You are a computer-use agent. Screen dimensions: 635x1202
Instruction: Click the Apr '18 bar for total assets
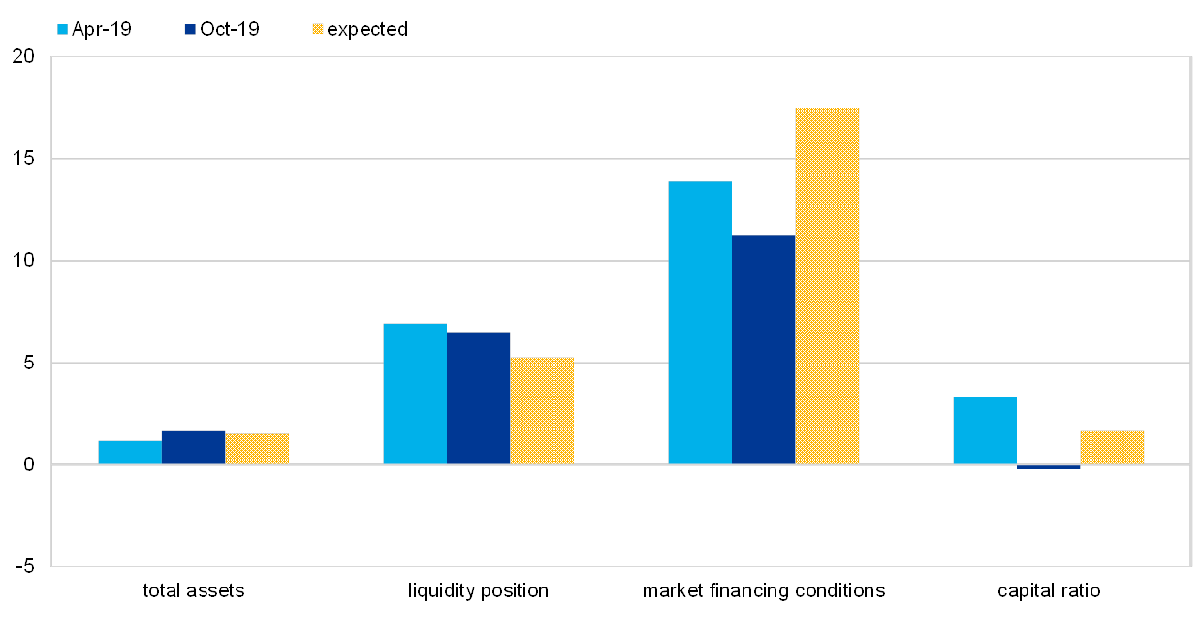click(130, 453)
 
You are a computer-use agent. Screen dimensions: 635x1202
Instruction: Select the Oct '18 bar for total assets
click(193, 448)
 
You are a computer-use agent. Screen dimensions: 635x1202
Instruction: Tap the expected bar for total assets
click(257, 449)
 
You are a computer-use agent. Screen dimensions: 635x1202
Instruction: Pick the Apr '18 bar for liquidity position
click(415, 394)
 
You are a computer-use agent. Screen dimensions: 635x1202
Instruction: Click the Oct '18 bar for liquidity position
click(479, 397)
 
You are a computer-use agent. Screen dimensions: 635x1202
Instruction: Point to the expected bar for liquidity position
click(542, 410)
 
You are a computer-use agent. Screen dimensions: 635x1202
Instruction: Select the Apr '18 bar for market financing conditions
click(700, 323)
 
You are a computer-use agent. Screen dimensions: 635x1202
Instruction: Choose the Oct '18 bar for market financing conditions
click(764, 349)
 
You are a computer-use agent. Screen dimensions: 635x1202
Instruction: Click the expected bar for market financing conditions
click(827, 286)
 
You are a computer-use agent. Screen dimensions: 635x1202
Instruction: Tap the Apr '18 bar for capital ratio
click(985, 430)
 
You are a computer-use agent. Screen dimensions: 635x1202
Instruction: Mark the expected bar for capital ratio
click(1112, 448)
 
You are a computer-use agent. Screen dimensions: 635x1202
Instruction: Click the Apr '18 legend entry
click(94, 29)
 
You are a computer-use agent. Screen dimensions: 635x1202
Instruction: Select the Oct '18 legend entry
click(222, 29)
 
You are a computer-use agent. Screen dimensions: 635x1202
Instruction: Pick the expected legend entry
click(359, 29)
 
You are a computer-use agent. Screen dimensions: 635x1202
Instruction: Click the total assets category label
click(193, 590)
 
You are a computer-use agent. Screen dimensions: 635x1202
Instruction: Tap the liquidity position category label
click(482, 590)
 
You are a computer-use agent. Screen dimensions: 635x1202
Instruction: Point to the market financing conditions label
click(765, 590)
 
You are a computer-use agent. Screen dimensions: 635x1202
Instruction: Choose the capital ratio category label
click(1049, 590)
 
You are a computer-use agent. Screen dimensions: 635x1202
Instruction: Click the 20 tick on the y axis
click(23, 57)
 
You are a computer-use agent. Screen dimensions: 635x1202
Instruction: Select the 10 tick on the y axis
click(23, 261)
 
